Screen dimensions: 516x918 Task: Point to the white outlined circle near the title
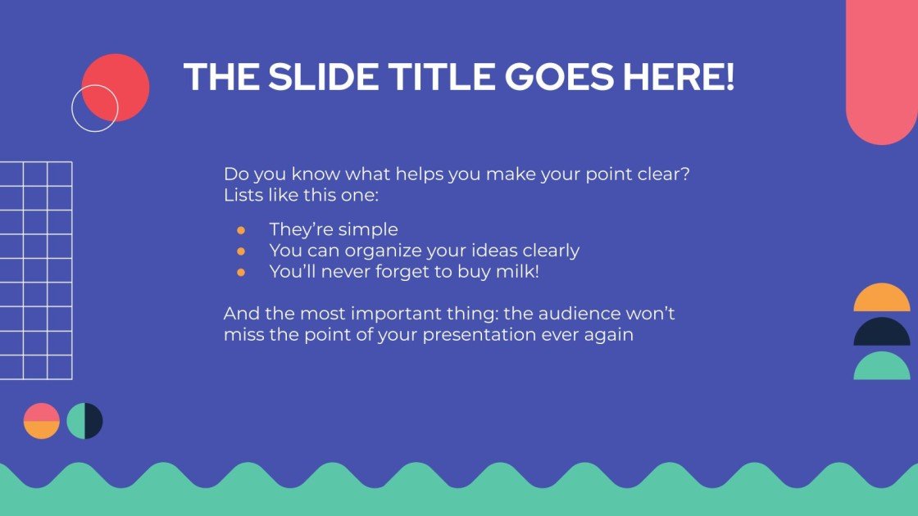pyautogui.click(x=94, y=108)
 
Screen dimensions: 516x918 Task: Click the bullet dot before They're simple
pyautogui.click(x=241, y=230)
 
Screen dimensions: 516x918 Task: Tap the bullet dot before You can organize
pyautogui.click(x=241, y=251)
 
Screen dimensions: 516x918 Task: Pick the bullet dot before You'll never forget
pyautogui.click(x=241, y=273)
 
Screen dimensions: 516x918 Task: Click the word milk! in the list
pyautogui.click(x=516, y=273)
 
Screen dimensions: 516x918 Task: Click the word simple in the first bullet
pyautogui.click(x=369, y=230)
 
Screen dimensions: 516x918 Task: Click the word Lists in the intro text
pyautogui.click(x=243, y=197)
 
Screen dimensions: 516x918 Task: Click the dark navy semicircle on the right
pyautogui.click(x=882, y=334)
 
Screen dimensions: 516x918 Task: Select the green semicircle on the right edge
pyautogui.click(x=882, y=368)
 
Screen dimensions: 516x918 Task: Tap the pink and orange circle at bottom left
pyautogui.click(x=42, y=421)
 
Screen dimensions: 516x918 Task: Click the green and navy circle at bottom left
pyautogui.click(x=84, y=421)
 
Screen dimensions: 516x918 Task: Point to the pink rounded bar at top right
pyautogui.click(x=882, y=66)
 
